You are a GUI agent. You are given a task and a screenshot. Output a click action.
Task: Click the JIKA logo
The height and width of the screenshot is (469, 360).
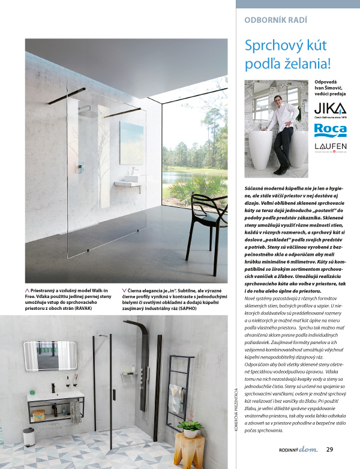pyautogui.click(x=331, y=109)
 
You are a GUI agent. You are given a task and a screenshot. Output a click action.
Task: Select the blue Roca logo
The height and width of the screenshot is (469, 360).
pyautogui.click(x=331, y=130)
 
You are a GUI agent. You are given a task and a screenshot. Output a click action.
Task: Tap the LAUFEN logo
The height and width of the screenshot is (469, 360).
pyautogui.click(x=331, y=147)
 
